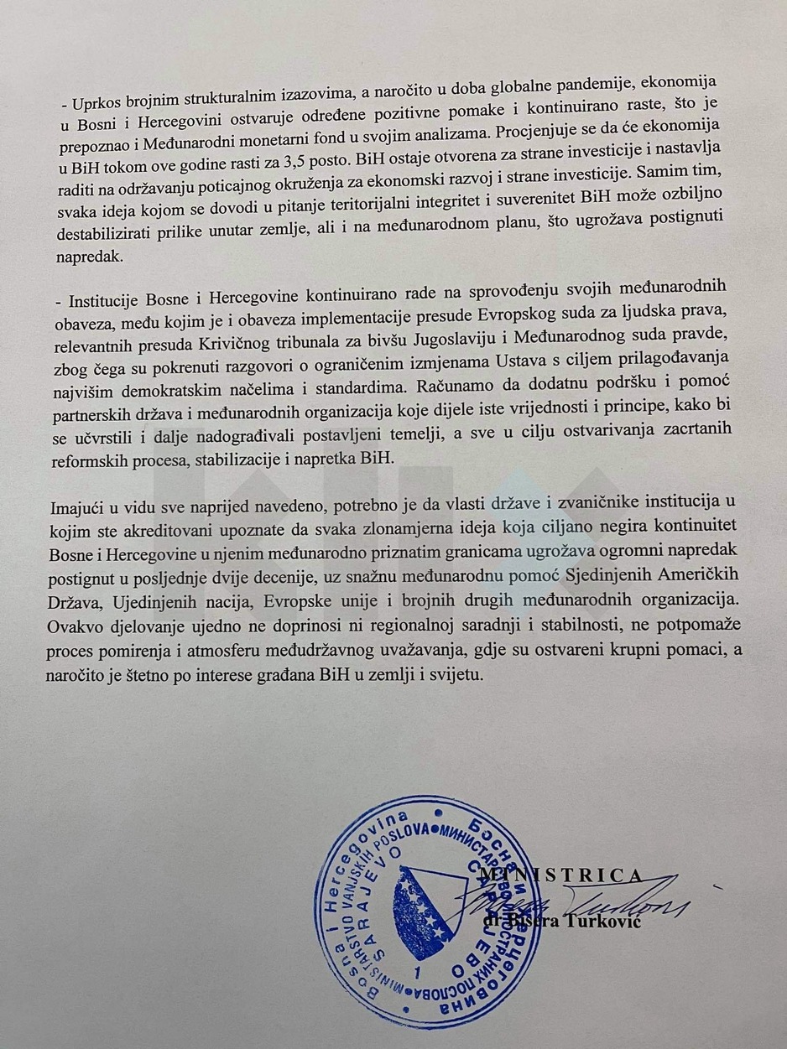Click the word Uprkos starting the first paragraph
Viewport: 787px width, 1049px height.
coord(101,105)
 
